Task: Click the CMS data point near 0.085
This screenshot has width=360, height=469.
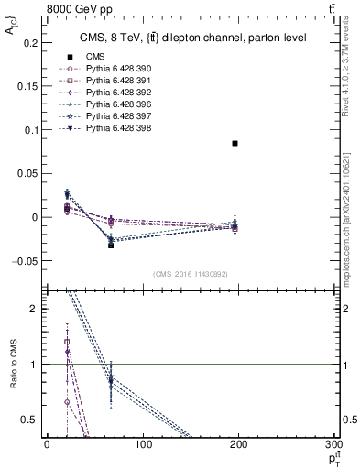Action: [235, 144]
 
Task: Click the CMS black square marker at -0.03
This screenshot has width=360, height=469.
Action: [111, 245]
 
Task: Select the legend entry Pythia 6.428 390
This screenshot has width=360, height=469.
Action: [115, 69]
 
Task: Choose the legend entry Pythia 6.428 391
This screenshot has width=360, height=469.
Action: [115, 81]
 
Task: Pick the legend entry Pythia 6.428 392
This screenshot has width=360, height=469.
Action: [115, 93]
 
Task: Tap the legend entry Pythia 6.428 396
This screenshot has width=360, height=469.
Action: [115, 104]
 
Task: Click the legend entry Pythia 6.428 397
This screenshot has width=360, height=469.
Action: [115, 116]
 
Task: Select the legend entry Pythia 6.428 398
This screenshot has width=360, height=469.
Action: [115, 128]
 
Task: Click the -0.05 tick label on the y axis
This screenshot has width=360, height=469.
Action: [27, 261]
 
